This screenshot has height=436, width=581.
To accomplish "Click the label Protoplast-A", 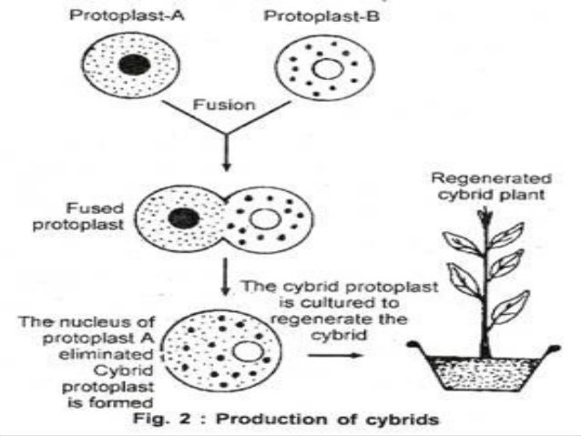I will [x=132, y=15].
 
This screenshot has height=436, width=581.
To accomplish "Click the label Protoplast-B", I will [x=323, y=15].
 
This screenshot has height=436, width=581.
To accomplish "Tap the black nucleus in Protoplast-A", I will [x=135, y=65].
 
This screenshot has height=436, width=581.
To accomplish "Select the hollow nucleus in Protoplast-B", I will [x=325, y=70].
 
